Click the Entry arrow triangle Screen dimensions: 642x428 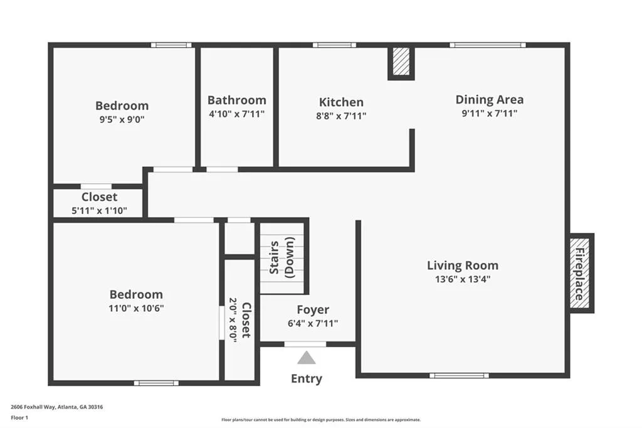(x=306, y=358)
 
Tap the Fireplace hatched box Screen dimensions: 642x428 (x=580, y=273)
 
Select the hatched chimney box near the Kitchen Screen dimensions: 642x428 (x=401, y=62)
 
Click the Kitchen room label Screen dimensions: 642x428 (x=341, y=102)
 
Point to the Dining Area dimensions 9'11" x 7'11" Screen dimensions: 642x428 (x=489, y=114)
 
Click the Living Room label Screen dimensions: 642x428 (x=463, y=265)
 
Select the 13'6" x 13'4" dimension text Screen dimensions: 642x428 (x=463, y=280)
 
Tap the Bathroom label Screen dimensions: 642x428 (x=236, y=100)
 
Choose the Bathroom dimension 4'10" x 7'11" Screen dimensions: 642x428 (x=236, y=114)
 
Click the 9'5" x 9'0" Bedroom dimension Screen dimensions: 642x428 (x=122, y=120)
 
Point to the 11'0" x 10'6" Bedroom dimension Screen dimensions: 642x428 (x=136, y=308)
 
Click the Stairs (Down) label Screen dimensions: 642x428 (x=282, y=257)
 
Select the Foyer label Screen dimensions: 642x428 (x=313, y=310)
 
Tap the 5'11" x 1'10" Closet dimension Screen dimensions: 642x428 (x=99, y=211)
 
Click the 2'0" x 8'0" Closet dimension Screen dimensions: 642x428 (x=233, y=320)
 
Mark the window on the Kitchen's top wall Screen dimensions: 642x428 (x=335, y=45)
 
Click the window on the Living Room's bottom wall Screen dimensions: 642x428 (x=459, y=375)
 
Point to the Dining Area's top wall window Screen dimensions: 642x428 (x=488, y=45)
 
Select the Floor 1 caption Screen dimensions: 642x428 (x=19, y=418)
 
